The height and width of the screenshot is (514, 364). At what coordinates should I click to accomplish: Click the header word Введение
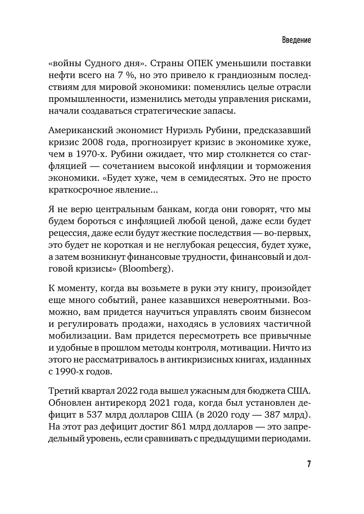pos(296,40)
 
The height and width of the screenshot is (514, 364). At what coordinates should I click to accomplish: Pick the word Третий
pos(62,391)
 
